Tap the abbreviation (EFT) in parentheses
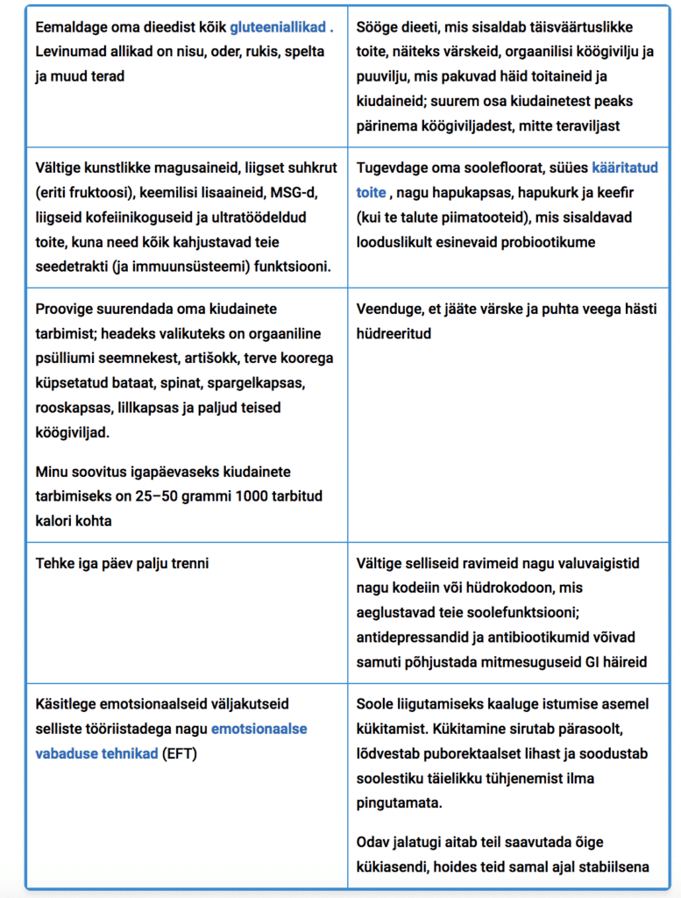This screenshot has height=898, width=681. (x=180, y=753)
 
